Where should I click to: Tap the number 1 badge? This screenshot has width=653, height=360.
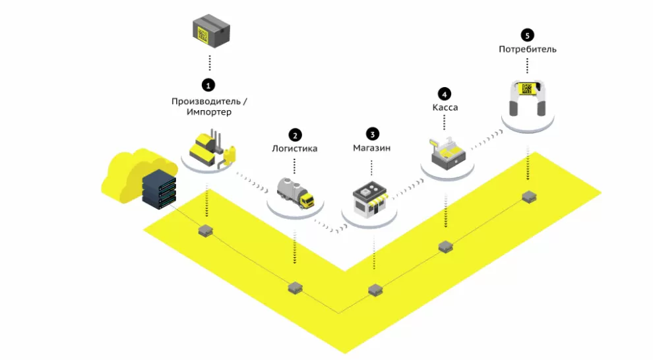pyautogui.click(x=208, y=84)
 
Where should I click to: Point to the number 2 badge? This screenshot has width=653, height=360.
pyautogui.click(x=295, y=135)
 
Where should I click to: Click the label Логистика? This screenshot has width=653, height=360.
pyautogui.click(x=295, y=148)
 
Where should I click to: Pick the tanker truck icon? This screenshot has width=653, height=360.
pyautogui.click(x=295, y=192)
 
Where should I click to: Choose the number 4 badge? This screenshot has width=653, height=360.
pyautogui.click(x=445, y=93)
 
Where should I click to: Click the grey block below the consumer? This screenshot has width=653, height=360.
pyautogui.click(x=528, y=196)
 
